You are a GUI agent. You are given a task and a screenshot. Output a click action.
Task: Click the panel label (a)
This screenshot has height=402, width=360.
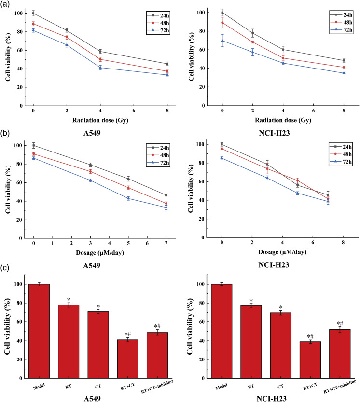(8, 6)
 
